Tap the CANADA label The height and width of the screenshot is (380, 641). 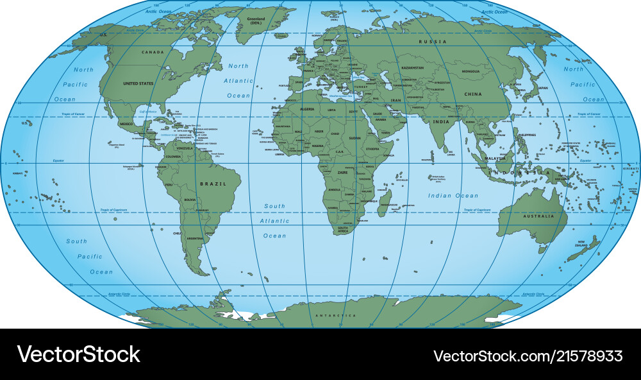[153, 52]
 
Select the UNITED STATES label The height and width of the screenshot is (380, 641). [138, 83]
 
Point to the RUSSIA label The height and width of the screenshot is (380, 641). [433, 42]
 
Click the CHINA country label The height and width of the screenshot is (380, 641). [473, 94]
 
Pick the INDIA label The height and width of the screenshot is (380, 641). [440, 121]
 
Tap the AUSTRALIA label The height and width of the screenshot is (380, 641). [539, 216]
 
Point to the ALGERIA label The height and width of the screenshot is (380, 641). [308, 109]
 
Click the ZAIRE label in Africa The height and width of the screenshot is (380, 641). [342, 173]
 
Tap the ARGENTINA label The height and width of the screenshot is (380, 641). [195, 238]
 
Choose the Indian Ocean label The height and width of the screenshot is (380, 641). [453, 195]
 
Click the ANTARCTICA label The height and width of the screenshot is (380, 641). [335, 316]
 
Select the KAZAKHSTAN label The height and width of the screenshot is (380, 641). [412, 67]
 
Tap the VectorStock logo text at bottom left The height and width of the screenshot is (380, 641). [78, 354]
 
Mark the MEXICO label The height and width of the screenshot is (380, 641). [127, 124]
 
